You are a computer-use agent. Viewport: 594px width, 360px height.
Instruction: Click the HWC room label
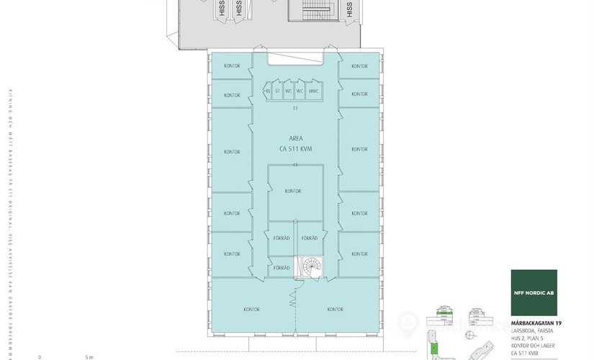pos(313,91)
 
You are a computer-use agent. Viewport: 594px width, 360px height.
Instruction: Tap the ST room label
pos(277,91)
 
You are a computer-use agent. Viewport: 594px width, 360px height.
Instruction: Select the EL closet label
pos(267,91)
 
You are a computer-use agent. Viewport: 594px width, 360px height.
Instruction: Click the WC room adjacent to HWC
pos(300,91)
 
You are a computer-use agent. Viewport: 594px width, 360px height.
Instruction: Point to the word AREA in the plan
pos(295,138)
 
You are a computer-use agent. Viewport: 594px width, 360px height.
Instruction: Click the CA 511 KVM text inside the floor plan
pos(295,148)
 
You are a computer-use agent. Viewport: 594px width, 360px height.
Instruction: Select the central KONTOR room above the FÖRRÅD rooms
pos(292,191)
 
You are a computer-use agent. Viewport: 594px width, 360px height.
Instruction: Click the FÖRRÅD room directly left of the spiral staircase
pos(281,267)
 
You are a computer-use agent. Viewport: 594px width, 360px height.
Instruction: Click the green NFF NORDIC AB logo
pos(534,292)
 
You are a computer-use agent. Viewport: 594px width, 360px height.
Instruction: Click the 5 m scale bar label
pos(89,356)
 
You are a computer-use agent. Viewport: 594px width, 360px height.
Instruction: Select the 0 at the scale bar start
pos(40,356)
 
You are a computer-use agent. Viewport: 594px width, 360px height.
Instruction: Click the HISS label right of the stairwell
pos(349,9)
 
